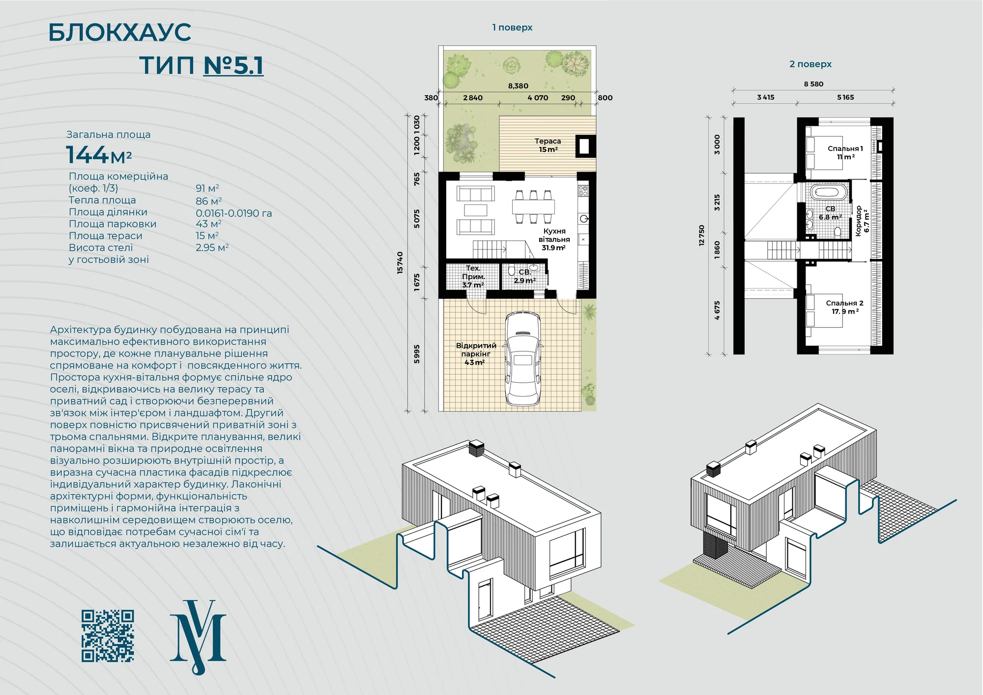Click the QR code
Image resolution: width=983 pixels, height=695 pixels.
108,636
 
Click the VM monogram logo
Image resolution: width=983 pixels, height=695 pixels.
198,637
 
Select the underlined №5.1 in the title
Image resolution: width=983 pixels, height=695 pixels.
233,65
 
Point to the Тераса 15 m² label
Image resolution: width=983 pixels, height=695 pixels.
548,145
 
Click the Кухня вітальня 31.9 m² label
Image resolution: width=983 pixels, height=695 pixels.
554,239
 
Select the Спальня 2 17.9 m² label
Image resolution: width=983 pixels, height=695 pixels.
845,307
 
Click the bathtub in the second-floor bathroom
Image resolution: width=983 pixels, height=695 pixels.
829,192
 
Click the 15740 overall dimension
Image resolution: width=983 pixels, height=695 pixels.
400,262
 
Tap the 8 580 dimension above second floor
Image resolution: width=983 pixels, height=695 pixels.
813,84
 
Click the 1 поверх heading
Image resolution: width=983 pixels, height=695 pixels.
512,28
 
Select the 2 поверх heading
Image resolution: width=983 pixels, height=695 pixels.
810,64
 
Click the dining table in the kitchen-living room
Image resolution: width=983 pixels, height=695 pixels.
533,206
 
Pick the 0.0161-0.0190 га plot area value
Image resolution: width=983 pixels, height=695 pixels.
234,213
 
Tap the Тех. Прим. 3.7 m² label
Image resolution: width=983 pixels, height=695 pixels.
473,276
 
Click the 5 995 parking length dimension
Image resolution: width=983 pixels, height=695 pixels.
417,354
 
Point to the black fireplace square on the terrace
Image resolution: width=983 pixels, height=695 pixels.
585,146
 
